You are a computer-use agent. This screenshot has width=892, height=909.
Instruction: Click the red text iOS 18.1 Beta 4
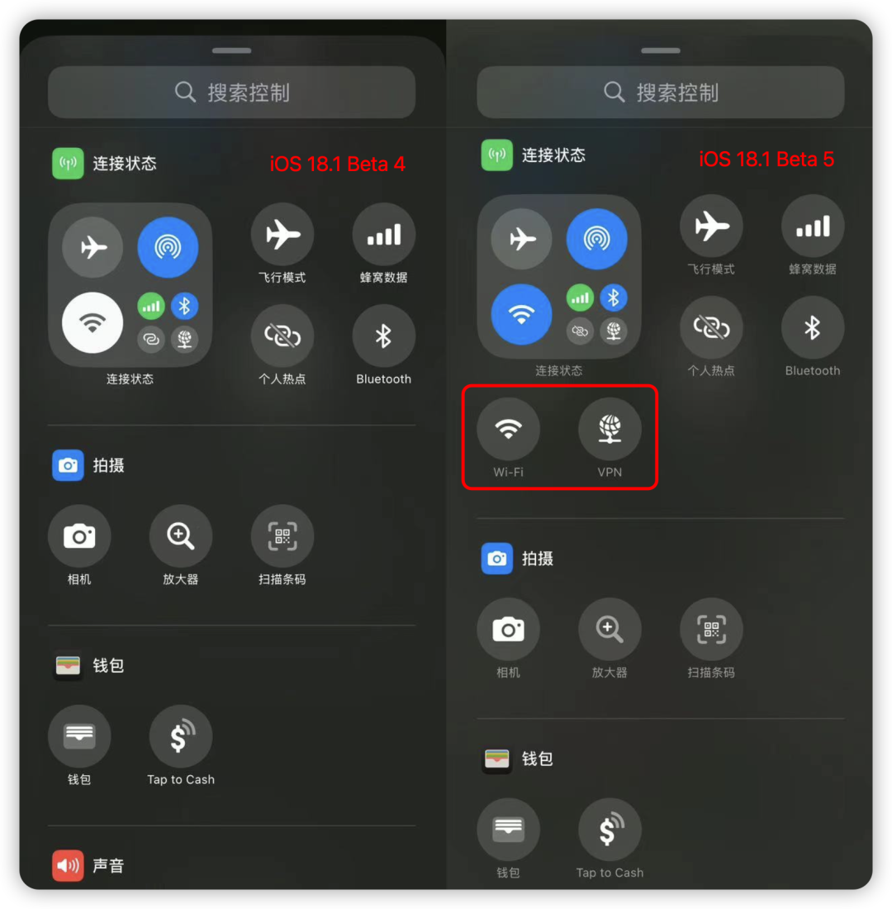click(337, 164)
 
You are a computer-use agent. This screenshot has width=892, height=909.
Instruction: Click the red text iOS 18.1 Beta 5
click(766, 159)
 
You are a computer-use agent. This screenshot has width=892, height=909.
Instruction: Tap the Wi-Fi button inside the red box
click(509, 429)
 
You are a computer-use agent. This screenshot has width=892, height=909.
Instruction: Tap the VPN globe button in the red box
click(610, 429)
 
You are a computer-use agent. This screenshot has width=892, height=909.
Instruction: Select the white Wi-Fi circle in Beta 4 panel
click(93, 322)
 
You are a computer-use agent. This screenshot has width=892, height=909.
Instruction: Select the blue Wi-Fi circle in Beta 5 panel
click(521, 314)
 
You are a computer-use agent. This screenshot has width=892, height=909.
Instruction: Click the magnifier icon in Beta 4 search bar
click(186, 92)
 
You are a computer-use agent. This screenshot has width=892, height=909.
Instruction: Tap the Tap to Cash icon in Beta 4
click(181, 736)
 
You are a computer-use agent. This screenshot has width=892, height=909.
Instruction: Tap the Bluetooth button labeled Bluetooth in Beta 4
click(383, 336)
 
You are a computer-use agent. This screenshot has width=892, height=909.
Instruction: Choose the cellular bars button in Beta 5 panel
click(813, 226)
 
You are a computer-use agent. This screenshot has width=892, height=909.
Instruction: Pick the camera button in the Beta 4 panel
click(79, 536)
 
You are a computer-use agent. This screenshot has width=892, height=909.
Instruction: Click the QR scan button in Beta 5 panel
click(711, 630)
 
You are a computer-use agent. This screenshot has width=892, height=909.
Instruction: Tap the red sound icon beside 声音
click(68, 865)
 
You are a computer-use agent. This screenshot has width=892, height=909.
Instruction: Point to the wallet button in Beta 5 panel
click(509, 830)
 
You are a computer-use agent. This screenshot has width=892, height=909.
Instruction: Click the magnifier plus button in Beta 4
click(181, 536)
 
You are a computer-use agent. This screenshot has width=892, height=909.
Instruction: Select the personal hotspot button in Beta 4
click(282, 336)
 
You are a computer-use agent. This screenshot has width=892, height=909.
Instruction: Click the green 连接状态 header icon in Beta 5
click(497, 155)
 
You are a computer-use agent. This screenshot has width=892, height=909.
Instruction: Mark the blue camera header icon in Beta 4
click(68, 465)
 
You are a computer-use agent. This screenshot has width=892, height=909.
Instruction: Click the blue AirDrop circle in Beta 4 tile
click(168, 247)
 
